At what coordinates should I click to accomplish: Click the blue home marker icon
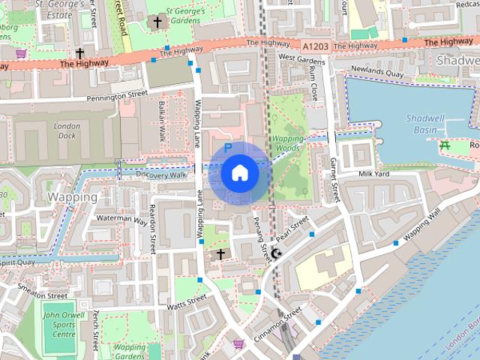coord(239,173)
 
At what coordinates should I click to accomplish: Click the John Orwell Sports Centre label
coord(58,325)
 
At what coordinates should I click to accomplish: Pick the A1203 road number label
coord(316,46)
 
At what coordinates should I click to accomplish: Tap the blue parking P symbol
coord(228,148)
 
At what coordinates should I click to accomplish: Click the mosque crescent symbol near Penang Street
coord(277,254)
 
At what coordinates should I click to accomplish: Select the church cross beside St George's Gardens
coord(157,22)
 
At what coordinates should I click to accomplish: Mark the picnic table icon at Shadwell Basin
coord(445,144)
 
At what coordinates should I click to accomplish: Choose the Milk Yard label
coord(375,173)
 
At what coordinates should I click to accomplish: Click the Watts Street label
coord(187,302)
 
